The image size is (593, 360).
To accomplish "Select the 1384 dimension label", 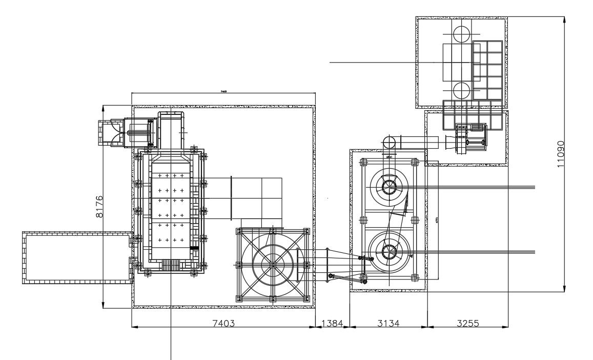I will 332,323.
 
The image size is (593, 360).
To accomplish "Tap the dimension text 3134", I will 388,323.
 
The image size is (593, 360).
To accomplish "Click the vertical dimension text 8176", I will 99,206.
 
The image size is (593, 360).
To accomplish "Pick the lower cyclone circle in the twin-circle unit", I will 388,251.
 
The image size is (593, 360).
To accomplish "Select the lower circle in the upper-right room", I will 461,91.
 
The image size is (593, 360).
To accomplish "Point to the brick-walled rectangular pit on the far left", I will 77,257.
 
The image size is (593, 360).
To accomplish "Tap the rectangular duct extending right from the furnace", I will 256,197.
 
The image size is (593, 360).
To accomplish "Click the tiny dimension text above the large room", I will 223,91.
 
